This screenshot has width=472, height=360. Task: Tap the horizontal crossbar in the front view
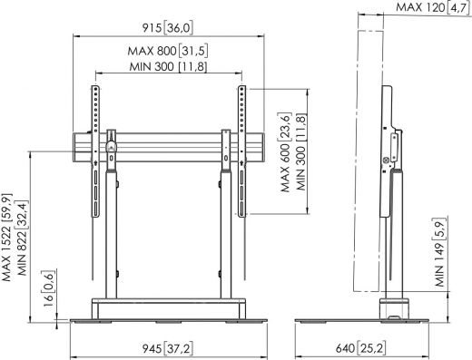click(x=168, y=143)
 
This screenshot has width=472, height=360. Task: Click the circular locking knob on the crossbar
click(x=110, y=144)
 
